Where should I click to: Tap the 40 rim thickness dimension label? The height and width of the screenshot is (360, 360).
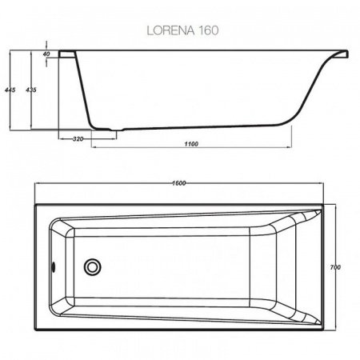pyautogui.click(x=47, y=54)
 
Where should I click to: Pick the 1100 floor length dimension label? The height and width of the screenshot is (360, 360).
pyautogui.click(x=190, y=145)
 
